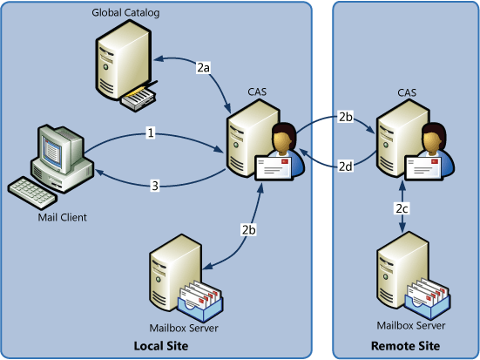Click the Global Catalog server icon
126,65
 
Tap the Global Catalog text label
125,12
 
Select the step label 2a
203,67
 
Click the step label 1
151,133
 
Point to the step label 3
155,186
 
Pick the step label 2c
402,208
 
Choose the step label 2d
346,166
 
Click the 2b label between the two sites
346,117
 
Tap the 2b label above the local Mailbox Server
248,229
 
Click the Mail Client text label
62,217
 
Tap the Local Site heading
161,346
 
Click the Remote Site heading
405,346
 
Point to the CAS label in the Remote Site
407,92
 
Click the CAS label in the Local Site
257,92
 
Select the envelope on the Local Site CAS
274,167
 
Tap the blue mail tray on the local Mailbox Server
200,306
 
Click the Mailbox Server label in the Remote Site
411,325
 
